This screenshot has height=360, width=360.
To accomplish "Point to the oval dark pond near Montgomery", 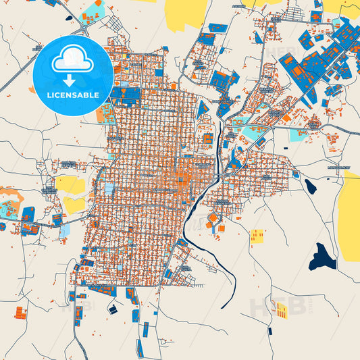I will (x=310, y=186).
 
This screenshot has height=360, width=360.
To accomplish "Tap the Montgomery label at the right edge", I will (x=337, y=167).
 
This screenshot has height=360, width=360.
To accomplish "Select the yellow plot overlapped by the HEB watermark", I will (x=280, y=310).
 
